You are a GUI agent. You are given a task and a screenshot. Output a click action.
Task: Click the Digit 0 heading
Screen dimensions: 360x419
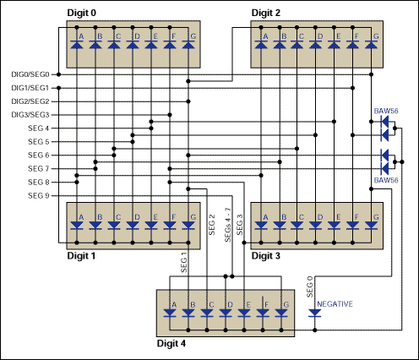point(87,14)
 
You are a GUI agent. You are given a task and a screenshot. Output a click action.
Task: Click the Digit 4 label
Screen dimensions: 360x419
point(177,344)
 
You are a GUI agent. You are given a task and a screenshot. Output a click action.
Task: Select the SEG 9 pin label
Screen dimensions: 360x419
point(39,196)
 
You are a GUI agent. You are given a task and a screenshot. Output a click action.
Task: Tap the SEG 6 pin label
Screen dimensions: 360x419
point(39,155)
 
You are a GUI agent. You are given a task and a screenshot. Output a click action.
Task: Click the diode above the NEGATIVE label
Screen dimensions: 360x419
point(314,314)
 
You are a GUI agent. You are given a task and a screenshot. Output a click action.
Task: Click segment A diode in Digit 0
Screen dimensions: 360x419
point(77,42)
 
